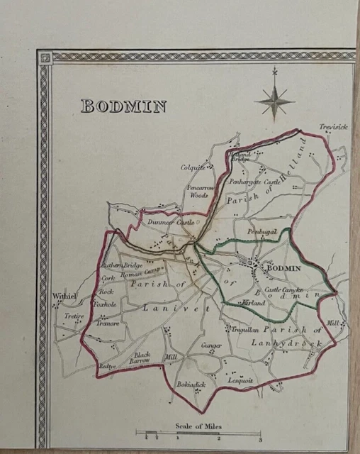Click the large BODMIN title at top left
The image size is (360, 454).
click(x=123, y=106)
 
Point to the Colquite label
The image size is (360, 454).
click(x=192, y=168)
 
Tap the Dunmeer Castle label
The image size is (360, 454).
click(x=170, y=222)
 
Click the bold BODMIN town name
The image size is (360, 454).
click(x=282, y=268)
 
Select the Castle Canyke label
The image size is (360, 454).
click(x=283, y=290)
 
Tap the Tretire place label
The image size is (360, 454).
click(x=74, y=316)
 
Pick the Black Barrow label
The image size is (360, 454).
click(x=142, y=358)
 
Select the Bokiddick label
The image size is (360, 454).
click(x=191, y=384)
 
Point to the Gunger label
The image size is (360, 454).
click(x=212, y=346)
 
